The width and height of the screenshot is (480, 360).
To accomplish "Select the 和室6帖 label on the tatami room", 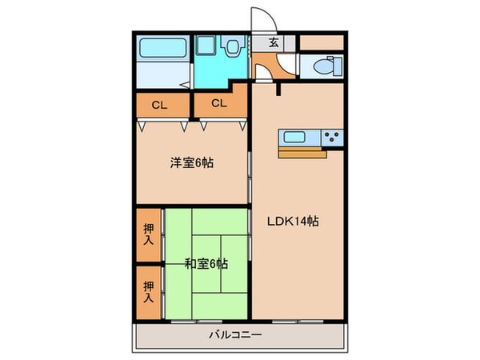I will click(x=206, y=263).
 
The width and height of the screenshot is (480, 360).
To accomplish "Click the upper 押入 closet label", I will click(x=148, y=233).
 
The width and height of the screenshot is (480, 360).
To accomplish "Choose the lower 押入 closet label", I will click(x=148, y=291).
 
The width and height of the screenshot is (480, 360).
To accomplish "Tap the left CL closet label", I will click(x=160, y=104).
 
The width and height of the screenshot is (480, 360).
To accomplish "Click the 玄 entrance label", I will click(x=274, y=43).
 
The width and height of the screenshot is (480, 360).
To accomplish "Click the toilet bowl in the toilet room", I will click(x=326, y=66).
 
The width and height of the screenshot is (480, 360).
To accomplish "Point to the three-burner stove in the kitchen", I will click(x=333, y=138).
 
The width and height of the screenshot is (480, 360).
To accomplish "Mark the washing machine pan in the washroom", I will click(x=211, y=48).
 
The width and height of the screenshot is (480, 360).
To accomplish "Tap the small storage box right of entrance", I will click(x=322, y=42).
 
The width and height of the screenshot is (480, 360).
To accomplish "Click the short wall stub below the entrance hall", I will click(x=278, y=87).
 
